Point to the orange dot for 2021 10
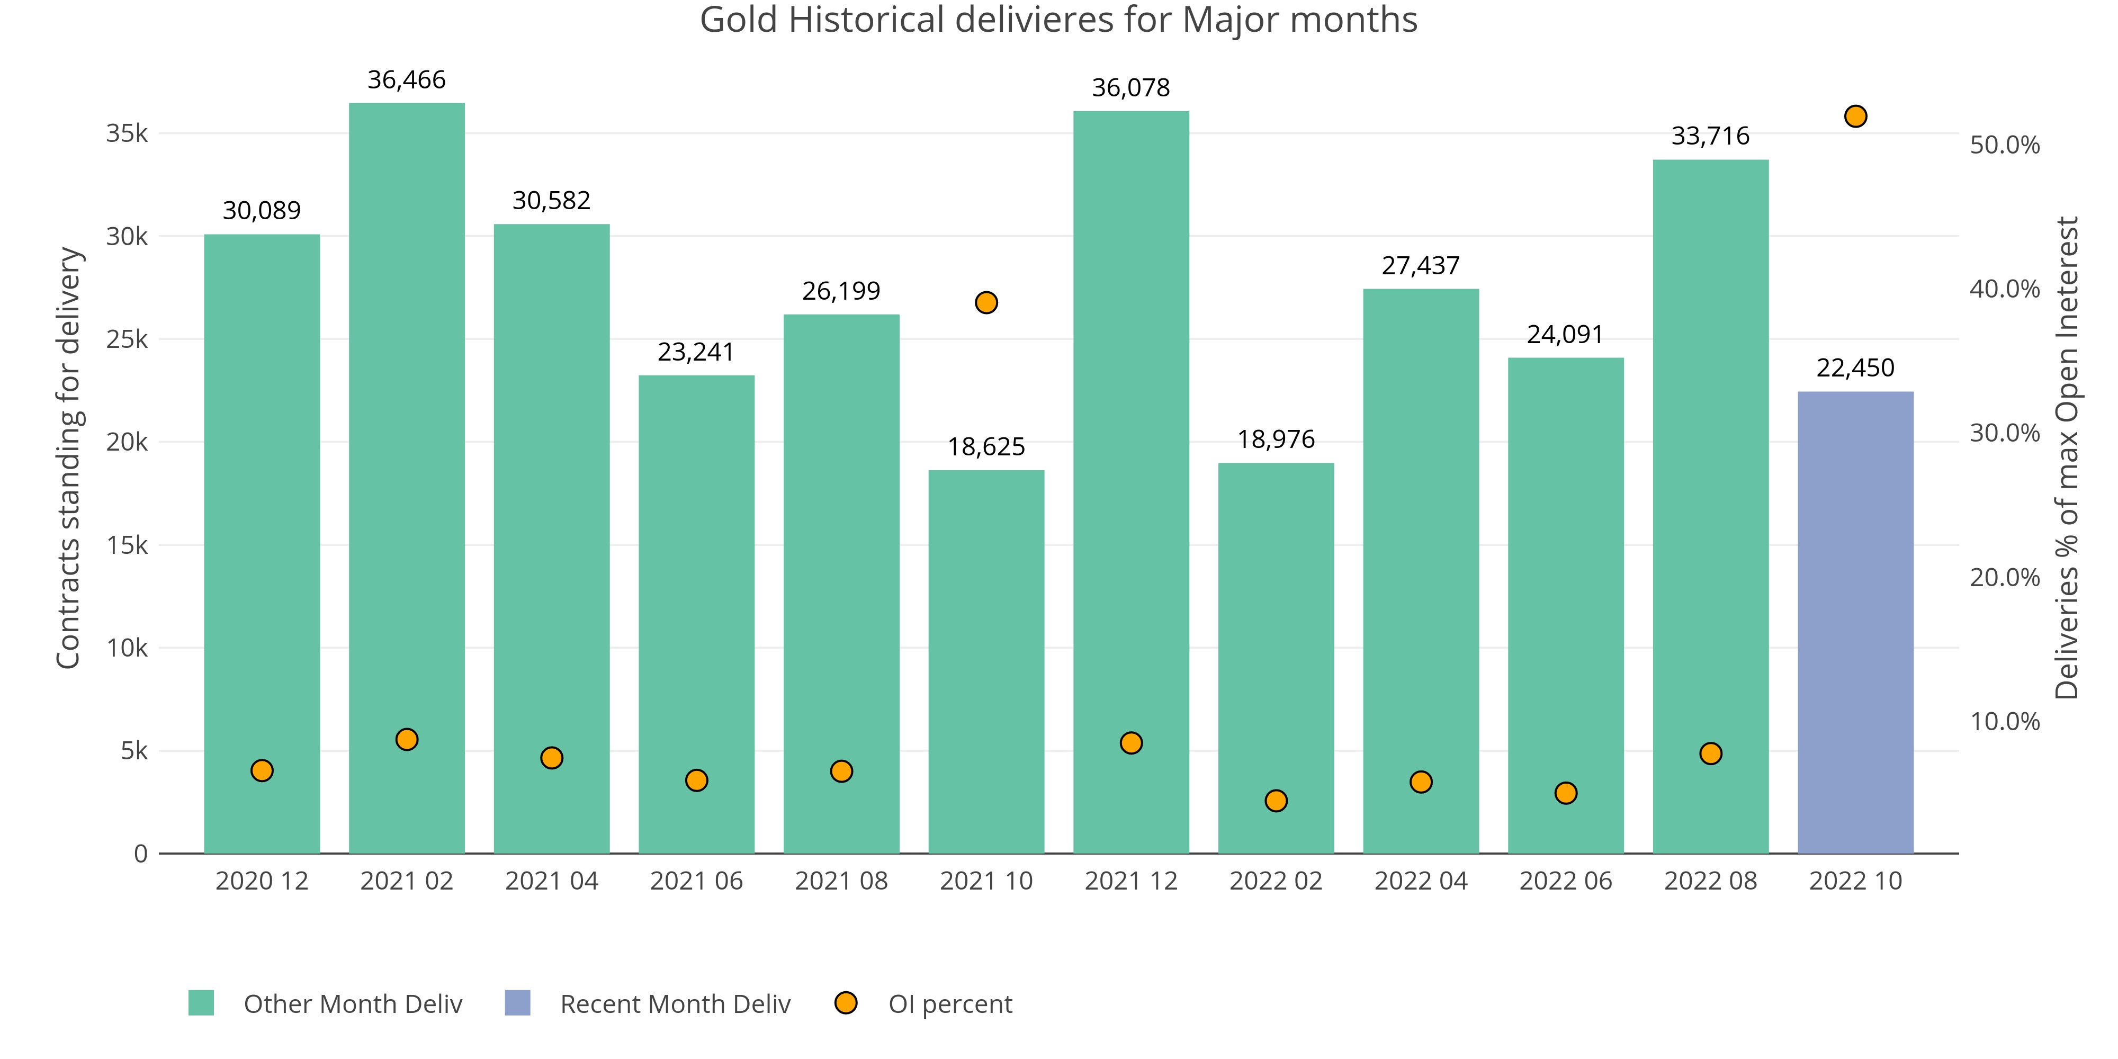[x=986, y=302]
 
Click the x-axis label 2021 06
[x=696, y=882]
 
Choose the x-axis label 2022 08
[x=1710, y=882]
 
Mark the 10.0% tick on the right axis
[x=2005, y=721]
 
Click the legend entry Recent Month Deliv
[x=674, y=1004]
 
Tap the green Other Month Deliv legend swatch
[x=201, y=1003]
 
